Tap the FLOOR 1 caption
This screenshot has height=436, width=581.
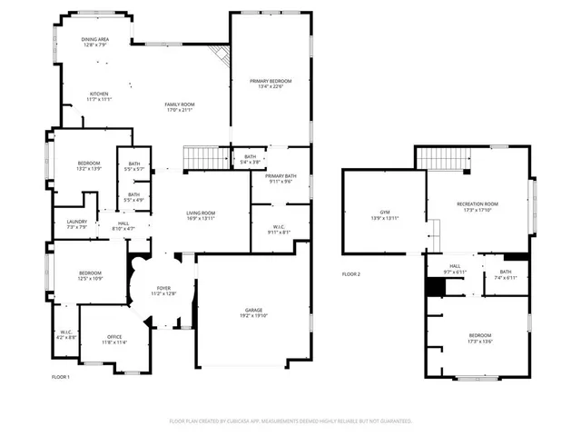[x=60, y=375]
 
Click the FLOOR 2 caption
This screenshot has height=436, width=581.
[x=350, y=273]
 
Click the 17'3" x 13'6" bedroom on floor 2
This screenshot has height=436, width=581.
[x=479, y=339]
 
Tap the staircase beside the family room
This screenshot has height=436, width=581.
[x=205, y=159]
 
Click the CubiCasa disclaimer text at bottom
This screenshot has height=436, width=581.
[x=290, y=421]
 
